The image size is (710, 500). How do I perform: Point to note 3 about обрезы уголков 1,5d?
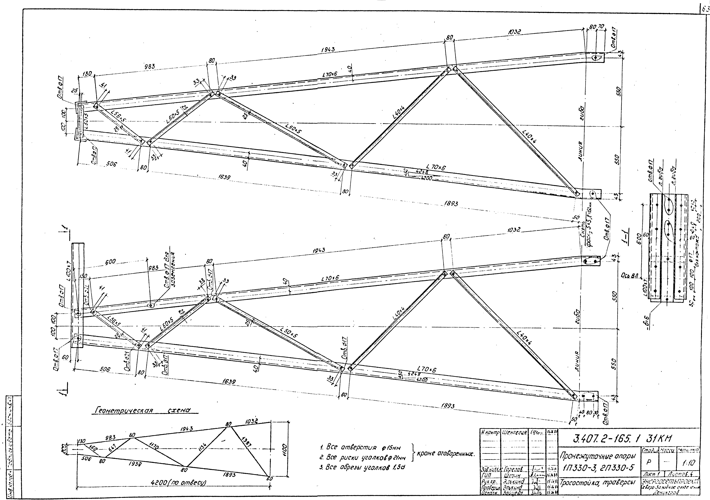click(362, 468)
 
